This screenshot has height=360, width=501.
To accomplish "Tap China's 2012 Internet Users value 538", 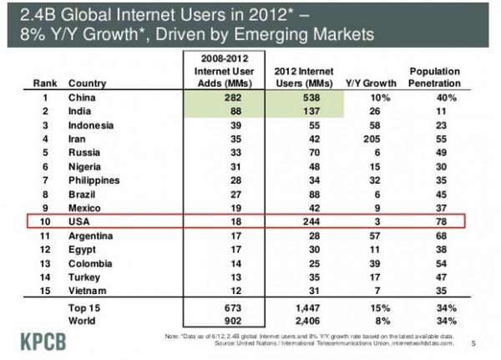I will pos(304,98).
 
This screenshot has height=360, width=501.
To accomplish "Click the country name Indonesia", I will pos(92,124).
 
